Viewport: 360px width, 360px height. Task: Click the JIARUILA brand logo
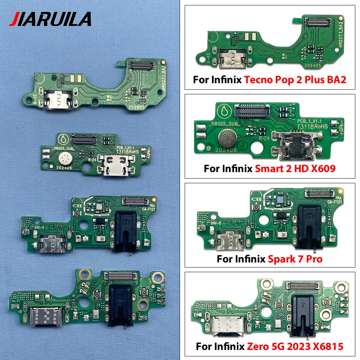(x=50, y=19)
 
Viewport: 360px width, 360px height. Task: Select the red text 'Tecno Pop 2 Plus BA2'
(x=295, y=80)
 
